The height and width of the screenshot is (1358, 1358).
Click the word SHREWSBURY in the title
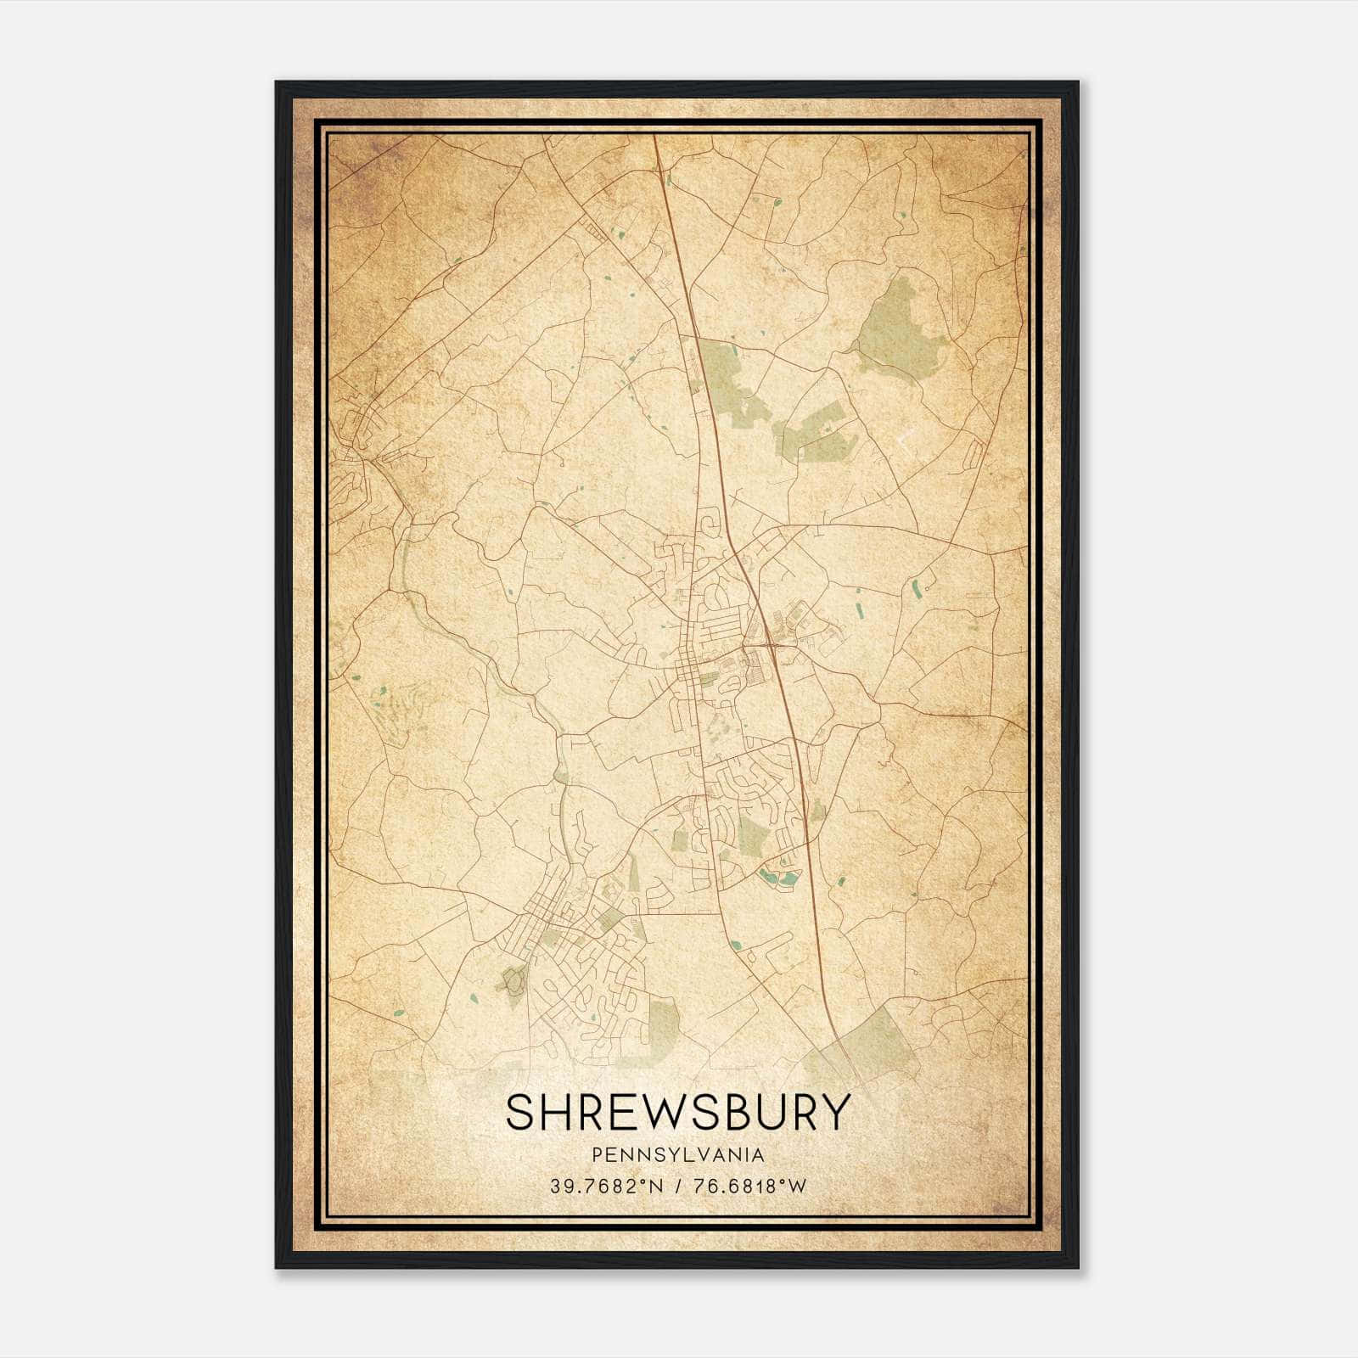[677, 1112]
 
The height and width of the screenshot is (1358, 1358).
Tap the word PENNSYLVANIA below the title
[678, 1155]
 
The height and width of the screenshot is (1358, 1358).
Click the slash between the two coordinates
[678, 1187]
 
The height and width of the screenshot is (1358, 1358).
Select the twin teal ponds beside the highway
[779, 878]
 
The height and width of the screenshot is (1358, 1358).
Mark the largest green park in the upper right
[900, 335]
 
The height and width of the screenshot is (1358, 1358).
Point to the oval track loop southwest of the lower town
[513, 983]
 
